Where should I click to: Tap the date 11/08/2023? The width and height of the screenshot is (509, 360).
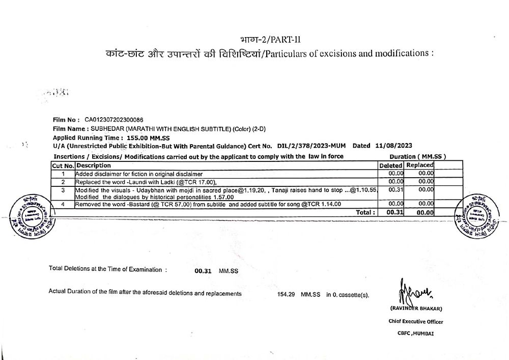point(392,146)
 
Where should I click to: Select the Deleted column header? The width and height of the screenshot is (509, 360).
point(391,165)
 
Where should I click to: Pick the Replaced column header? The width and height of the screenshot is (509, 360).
point(420,165)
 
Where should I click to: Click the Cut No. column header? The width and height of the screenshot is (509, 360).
point(63,165)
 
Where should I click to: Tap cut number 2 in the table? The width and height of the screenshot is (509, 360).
point(63,182)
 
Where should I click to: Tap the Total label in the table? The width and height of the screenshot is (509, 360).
point(365,212)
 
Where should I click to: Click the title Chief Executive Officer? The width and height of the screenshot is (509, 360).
point(416,322)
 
